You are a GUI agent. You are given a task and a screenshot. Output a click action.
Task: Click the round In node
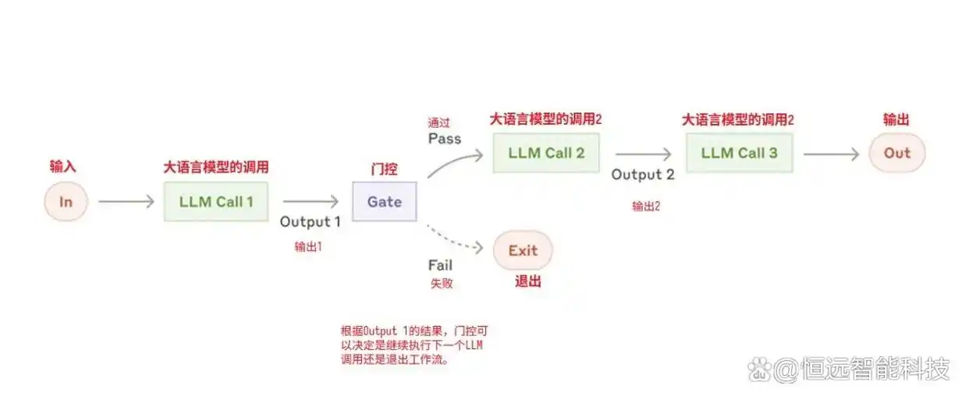pyautogui.click(x=66, y=202)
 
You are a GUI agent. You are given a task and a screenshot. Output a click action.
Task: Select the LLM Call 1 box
pyautogui.click(x=216, y=202)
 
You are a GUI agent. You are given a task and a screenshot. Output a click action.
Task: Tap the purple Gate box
pyautogui.click(x=384, y=202)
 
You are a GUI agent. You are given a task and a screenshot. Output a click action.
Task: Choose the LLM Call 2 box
pyautogui.click(x=545, y=153)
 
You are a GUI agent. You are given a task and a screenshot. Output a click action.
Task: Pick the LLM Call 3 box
pyautogui.click(x=739, y=153)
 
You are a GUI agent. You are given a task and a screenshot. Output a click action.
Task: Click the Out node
pyautogui.click(x=896, y=153)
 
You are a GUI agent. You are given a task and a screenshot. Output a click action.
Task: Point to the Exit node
pyautogui.click(x=523, y=250)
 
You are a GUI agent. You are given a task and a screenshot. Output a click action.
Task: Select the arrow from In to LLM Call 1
pyautogui.click(x=126, y=202)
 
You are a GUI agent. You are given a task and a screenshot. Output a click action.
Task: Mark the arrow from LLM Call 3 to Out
pyautogui.click(x=831, y=154)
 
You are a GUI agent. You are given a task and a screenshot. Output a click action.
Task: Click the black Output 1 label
pyautogui.click(x=311, y=221)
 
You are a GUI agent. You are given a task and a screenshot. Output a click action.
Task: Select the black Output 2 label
pyautogui.click(x=643, y=175)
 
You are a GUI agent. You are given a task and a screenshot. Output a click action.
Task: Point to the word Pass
pyautogui.click(x=445, y=139)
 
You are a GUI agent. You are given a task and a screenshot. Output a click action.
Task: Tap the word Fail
pyautogui.click(x=440, y=265)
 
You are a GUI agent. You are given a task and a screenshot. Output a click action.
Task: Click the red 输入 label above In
pyautogui.click(x=63, y=167)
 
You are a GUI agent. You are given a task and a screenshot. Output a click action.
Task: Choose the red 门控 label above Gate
pyautogui.click(x=384, y=168)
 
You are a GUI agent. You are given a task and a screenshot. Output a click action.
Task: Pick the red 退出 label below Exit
pyautogui.click(x=528, y=281)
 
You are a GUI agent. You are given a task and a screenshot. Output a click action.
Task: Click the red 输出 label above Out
pyautogui.click(x=896, y=120)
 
